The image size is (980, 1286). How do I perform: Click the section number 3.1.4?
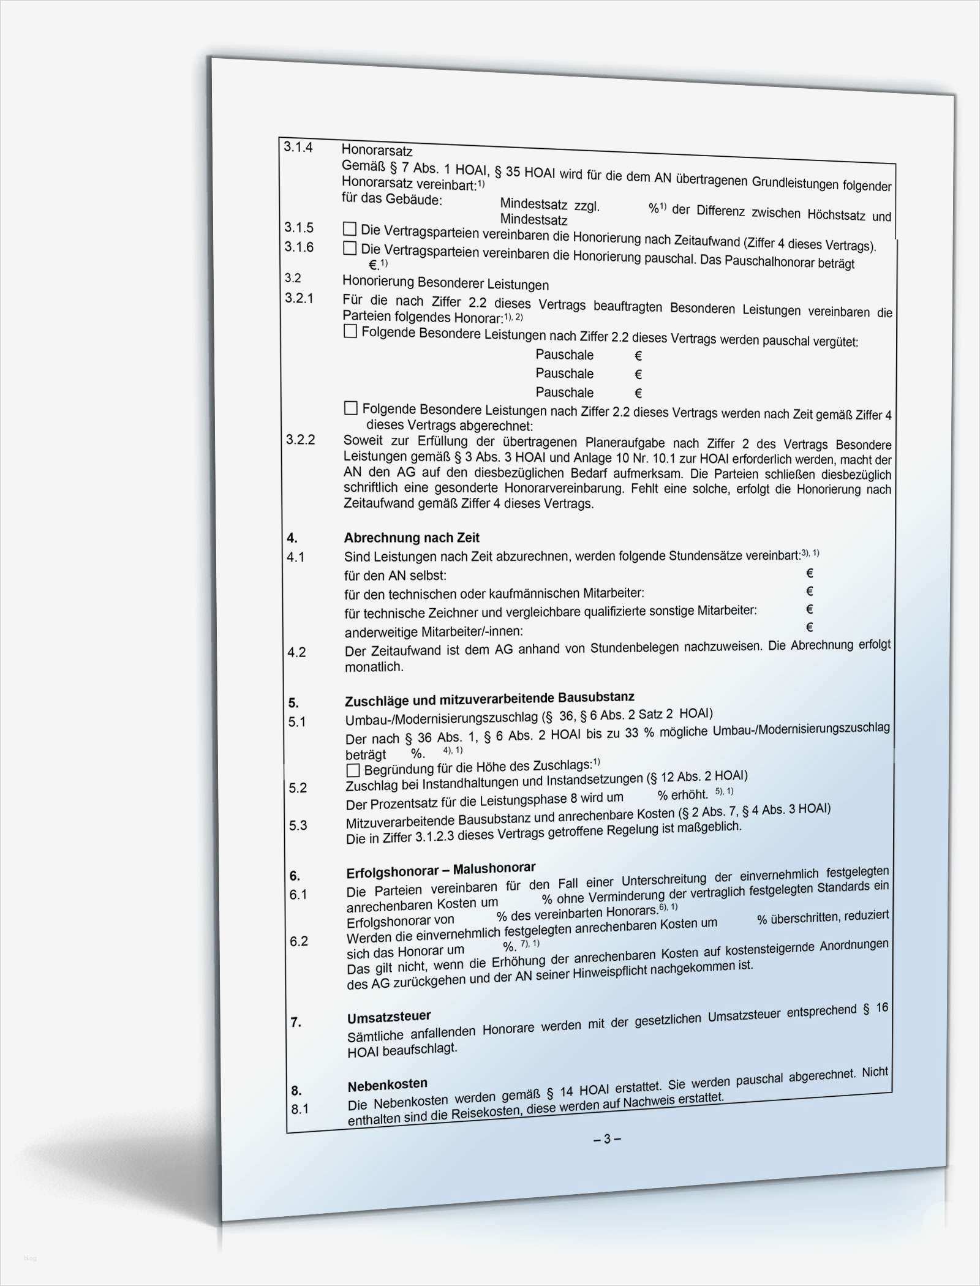click(x=298, y=147)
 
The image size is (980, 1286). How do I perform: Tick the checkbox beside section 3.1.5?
click(x=350, y=229)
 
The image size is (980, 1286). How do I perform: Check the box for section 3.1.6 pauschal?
click(x=350, y=248)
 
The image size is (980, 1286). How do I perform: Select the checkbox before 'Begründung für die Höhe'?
click(x=353, y=770)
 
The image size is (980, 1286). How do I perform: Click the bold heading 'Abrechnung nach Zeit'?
click(x=411, y=538)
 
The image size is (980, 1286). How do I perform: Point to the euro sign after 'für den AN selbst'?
click(x=809, y=573)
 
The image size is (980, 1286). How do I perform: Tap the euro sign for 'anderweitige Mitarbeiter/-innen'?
click(x=809, y=626)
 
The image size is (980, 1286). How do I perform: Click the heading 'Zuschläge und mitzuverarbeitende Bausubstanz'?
click(x=489, y=699)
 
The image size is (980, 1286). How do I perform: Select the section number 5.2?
click(x=298, y=788)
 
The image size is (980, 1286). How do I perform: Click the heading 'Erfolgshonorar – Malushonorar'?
click(x=440, y=870)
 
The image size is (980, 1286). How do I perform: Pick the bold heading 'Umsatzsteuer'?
click(x=389, y=1017)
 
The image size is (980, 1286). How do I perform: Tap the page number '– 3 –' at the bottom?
click(x=607, y=1139)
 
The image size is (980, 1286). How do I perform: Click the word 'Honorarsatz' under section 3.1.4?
click(x=377, y=150)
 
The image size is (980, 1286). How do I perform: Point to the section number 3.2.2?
click(x=300, y=440)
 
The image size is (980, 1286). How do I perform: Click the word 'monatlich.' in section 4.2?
click(x=374, y=667)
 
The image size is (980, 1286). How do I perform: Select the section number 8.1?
click(x=300, y=1108)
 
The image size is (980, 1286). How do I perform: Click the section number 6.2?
click(x=298, y=941)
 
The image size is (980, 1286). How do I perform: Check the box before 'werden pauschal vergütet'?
click(x=350, y=331)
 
